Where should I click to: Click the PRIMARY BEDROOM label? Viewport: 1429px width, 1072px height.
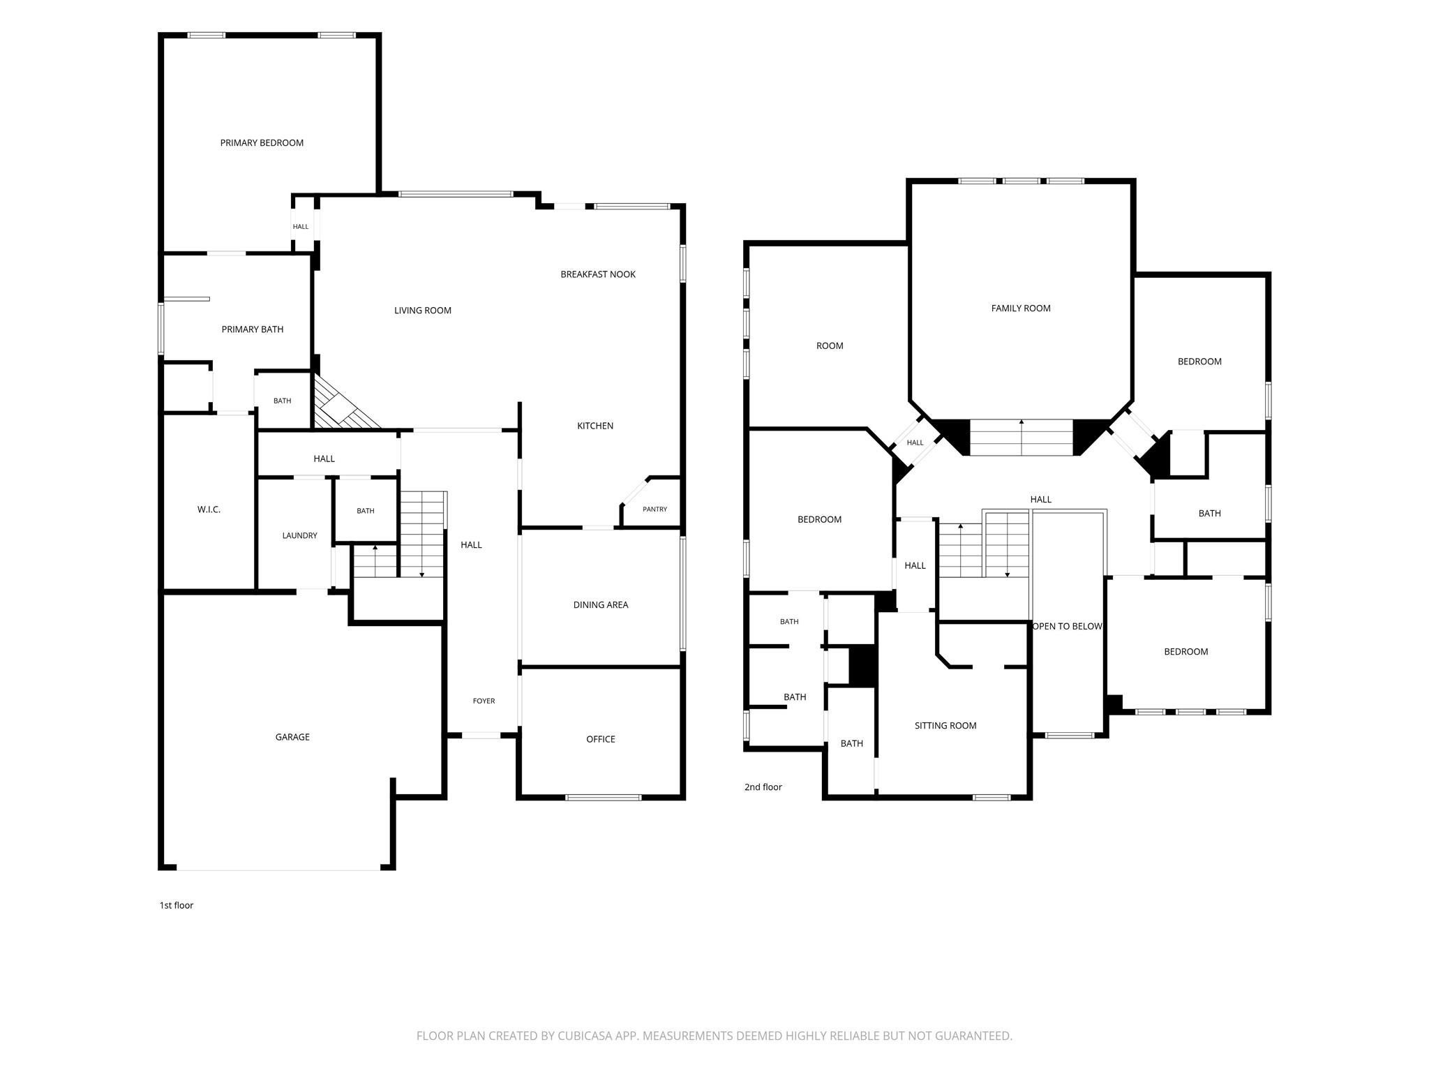click(262, 143)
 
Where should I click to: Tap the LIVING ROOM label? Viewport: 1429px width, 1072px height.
click(423, 311)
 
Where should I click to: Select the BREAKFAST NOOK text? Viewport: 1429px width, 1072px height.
click(598, 274)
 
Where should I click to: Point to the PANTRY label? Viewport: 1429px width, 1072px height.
click(654, 509)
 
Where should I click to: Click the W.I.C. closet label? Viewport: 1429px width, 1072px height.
click(209, 509)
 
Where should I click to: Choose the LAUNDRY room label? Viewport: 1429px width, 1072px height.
click(299, 536)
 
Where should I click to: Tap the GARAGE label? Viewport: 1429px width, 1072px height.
click(292, 737)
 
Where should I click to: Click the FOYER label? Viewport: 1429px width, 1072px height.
click(484, 701)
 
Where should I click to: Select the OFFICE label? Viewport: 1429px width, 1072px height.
click(601, 739)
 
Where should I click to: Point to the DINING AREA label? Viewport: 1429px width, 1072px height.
click(601, 605)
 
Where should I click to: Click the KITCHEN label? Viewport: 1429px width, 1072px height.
click(595, 426)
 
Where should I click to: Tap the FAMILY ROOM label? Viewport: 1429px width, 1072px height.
click(1021, 308)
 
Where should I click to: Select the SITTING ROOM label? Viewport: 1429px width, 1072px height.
click(945, 726)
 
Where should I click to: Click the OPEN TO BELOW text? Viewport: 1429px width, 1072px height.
click(1067, 626)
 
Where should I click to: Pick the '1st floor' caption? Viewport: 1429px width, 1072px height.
click(177, 905)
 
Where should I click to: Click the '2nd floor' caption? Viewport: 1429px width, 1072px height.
click(763, 787)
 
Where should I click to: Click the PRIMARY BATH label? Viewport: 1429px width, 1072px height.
click(253, 329)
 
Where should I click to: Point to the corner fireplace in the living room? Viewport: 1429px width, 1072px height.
click(344, 405)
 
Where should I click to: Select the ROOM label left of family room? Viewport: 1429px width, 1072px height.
click(830, 346)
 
